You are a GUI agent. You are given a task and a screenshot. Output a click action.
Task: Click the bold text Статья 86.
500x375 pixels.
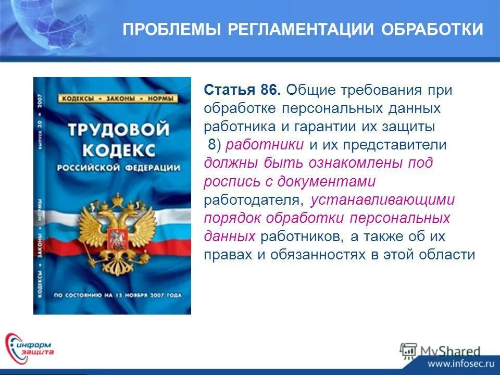point(243,90)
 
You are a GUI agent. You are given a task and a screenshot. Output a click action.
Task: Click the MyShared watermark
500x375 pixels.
point(440,351)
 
